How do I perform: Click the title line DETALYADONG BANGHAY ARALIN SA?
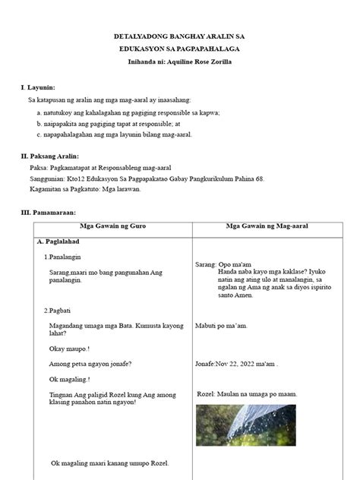point(180,36)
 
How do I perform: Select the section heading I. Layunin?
point(38,87)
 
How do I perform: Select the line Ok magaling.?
point(69,379)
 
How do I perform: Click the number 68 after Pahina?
point(258,179)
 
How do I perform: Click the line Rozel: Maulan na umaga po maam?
point(247,394)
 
